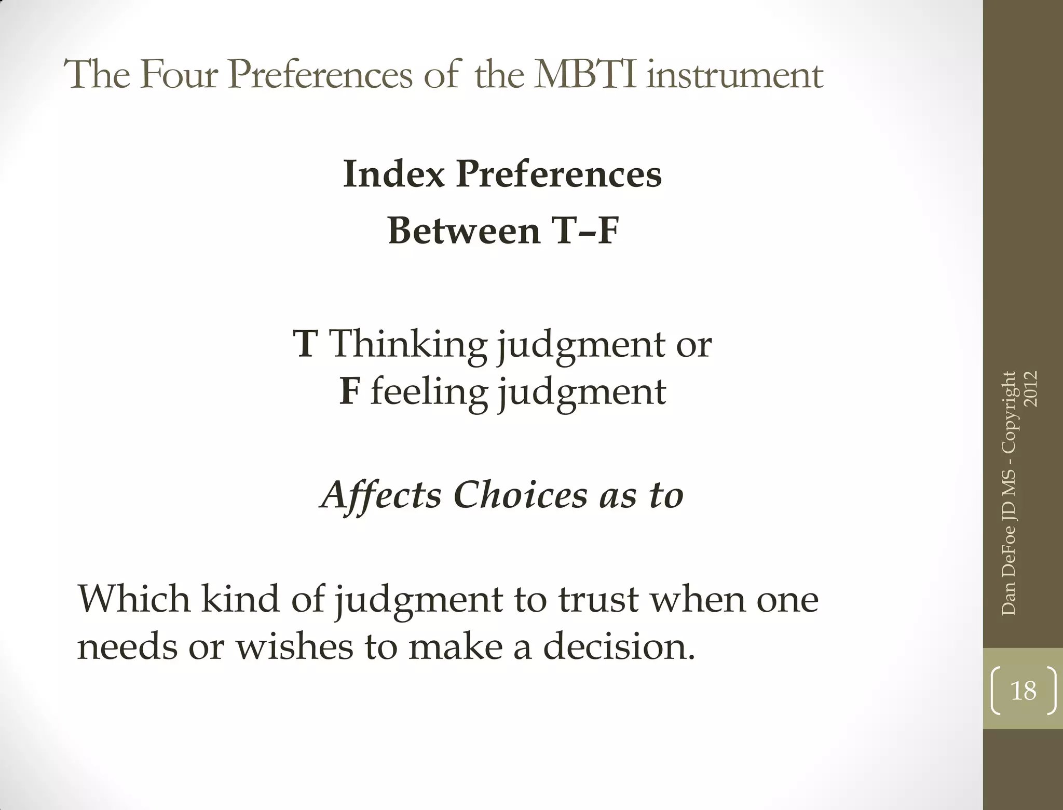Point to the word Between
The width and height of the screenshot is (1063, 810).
[464, 231]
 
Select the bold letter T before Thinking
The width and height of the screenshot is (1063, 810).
[305, 344]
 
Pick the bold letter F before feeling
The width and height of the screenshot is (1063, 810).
[349, 391]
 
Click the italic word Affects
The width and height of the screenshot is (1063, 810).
[381, 495]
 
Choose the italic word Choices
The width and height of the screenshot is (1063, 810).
[520, 494]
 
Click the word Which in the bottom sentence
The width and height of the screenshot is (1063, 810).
[134, 599]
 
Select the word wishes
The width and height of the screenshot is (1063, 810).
[294, 647]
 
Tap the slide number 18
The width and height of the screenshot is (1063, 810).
[1023, 691]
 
